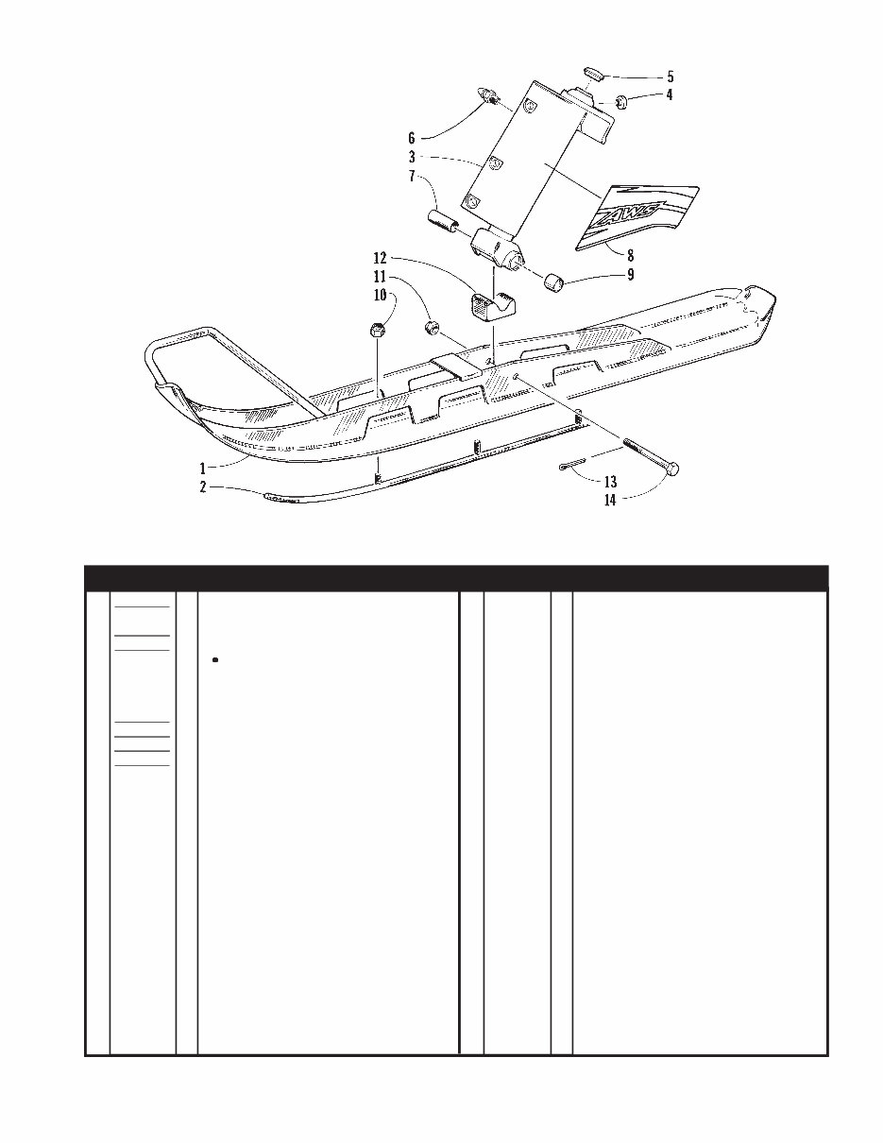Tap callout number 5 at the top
pyautogui.click(x=670, y=77)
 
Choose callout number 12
pyautogui.click(x=380, y=257)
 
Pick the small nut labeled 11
pyautogui.click(x=433, y=329)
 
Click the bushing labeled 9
pyautogui.click(x=553, y=282)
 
